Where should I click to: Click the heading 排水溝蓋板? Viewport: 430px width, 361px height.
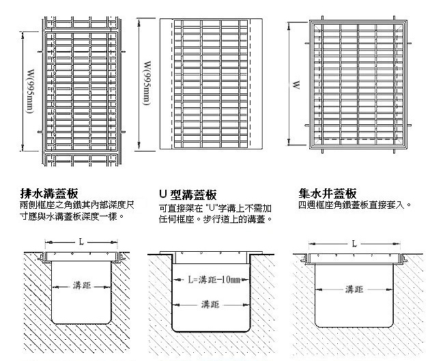pyautogui.click(x=49, y=194)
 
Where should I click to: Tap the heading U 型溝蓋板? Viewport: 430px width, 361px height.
pyautogui.click(x=188, y=194)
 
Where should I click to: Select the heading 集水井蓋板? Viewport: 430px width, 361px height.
pyautogui.click(x=328, y=194)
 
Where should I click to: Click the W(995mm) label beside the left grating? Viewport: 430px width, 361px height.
pyautogui.click(x=30, y=91)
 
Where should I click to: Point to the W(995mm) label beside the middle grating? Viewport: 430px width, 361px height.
pyautogui.click(x=147, y=83)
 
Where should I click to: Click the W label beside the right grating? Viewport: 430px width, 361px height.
pyautogui.click(x=296, y=85)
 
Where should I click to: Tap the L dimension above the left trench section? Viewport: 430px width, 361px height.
pyautogui.click(x=81, y=242)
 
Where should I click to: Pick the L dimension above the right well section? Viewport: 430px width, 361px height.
pyautogui.click(x=354, y=244)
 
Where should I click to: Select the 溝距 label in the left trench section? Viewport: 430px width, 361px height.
pyautogui.click(x=82, y=286)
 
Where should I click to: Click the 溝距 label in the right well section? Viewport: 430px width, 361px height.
pyautogui.click(x=354, y=289)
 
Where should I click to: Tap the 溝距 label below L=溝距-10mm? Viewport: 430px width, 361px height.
pyautogui.click(x=210, y=304)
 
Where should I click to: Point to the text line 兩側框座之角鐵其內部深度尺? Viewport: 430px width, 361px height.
pyautogui.click(x=77, y=205)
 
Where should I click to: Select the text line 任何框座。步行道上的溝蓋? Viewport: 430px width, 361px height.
pyautogui.click(x=216, y=219)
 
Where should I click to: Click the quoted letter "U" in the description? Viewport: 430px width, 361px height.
pyautogui.click(x=211, y=208)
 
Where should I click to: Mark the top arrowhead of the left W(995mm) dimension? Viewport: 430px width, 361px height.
pyautogui.click(x=23, y=34)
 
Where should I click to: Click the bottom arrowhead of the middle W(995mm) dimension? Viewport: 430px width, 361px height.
pyautogui.click(x=139, y=146)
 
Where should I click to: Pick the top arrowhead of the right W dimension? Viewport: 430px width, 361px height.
pyautogui.click(x=289, y=27)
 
